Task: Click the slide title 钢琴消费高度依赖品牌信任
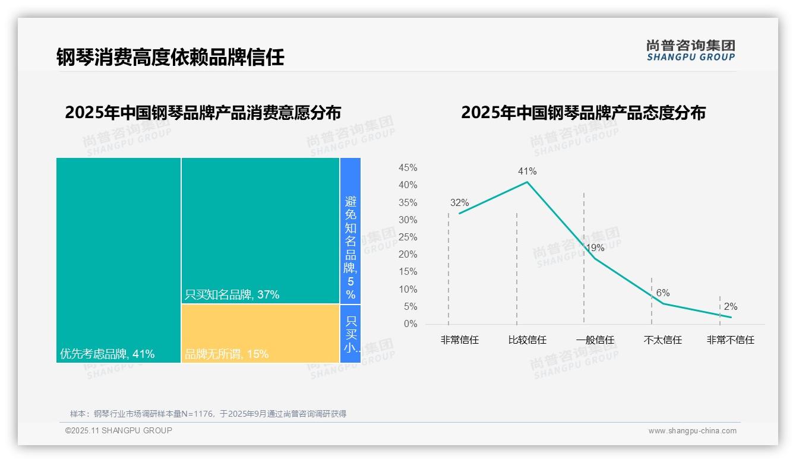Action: click(x=170, y=57)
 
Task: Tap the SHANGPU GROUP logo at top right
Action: click(x=690, y=50)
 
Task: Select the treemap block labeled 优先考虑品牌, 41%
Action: click(x=118, y=259)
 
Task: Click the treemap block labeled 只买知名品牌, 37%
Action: click(x=260, y=230)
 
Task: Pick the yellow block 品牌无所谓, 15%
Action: click(x=260, y=333)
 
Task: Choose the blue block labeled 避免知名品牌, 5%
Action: click(x=350, y=230)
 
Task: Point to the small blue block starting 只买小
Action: click(x=350, y=334)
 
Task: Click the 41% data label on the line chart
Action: click(x=527, y=172)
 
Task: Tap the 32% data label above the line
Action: click(x=459, y=203)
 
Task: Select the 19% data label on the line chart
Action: click(x=595, y=248)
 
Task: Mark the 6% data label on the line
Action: click(x=663, y=293)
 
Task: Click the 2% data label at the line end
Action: click(x=730, y=307)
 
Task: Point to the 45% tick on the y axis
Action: click(x=408, y=168)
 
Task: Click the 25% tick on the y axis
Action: click(x=408, y=237)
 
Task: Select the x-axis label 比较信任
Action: click(x=527, y=340)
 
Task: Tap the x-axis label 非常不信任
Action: click(x=730, y=340)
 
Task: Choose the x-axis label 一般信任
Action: click(x=595, y=340)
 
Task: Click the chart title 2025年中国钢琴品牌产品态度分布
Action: click(x=583, y=113)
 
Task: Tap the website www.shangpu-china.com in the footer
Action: click(x=692, y=431)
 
